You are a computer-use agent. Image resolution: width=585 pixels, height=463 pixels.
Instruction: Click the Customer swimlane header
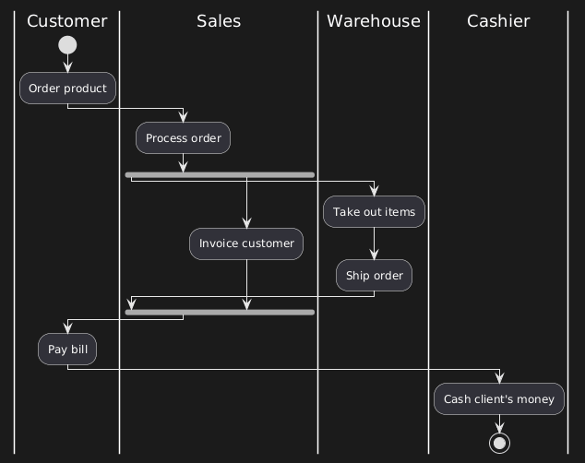point(67,20)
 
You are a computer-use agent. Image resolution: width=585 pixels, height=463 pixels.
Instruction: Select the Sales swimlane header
point(219,20)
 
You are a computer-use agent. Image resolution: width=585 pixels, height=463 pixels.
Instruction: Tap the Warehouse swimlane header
point(373,20)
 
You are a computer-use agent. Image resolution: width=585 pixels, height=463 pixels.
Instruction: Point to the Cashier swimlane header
point(498,20)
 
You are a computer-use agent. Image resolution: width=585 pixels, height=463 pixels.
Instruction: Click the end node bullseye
point(499,442)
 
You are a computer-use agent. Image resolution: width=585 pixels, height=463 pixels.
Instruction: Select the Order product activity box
point(67,89)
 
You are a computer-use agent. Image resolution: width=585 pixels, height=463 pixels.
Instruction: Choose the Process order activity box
point(183,138)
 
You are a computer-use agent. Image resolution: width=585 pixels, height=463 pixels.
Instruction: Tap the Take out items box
point(374,212)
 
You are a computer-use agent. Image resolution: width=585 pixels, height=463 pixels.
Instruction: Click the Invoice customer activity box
point(246,243)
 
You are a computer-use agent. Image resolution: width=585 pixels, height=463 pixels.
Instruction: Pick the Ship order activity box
point(374,276)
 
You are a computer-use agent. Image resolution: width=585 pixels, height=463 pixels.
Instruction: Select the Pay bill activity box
point(67,350)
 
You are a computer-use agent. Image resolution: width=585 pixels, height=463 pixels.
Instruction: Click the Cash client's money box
point(499,399)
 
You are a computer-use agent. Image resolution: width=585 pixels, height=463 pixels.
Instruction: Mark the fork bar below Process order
point(220,174)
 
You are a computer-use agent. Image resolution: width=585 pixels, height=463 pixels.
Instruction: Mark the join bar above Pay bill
point(220,313)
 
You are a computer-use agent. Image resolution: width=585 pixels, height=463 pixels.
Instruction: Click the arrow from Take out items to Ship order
point(374,244)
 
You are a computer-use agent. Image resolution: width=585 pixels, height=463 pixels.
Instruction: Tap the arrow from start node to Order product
point(67,64)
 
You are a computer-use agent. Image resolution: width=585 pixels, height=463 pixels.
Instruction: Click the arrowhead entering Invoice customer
point(246,222)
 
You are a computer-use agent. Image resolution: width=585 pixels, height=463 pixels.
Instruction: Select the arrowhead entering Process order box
point(183,117)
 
